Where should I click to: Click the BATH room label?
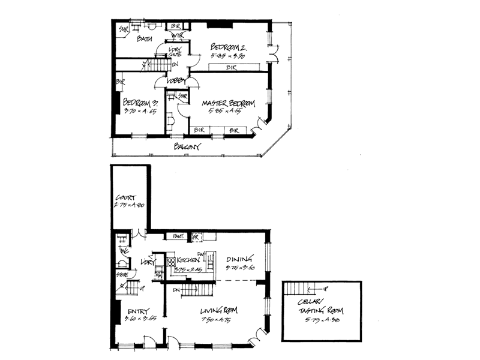tap(144, 40)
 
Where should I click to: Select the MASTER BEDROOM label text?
tap(229, 103)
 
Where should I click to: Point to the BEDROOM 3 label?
tap(140, 102)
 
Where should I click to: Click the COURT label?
tap(127, 197)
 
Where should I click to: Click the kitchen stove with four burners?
tap(170, 261)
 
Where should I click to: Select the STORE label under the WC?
tap(122, 275)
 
